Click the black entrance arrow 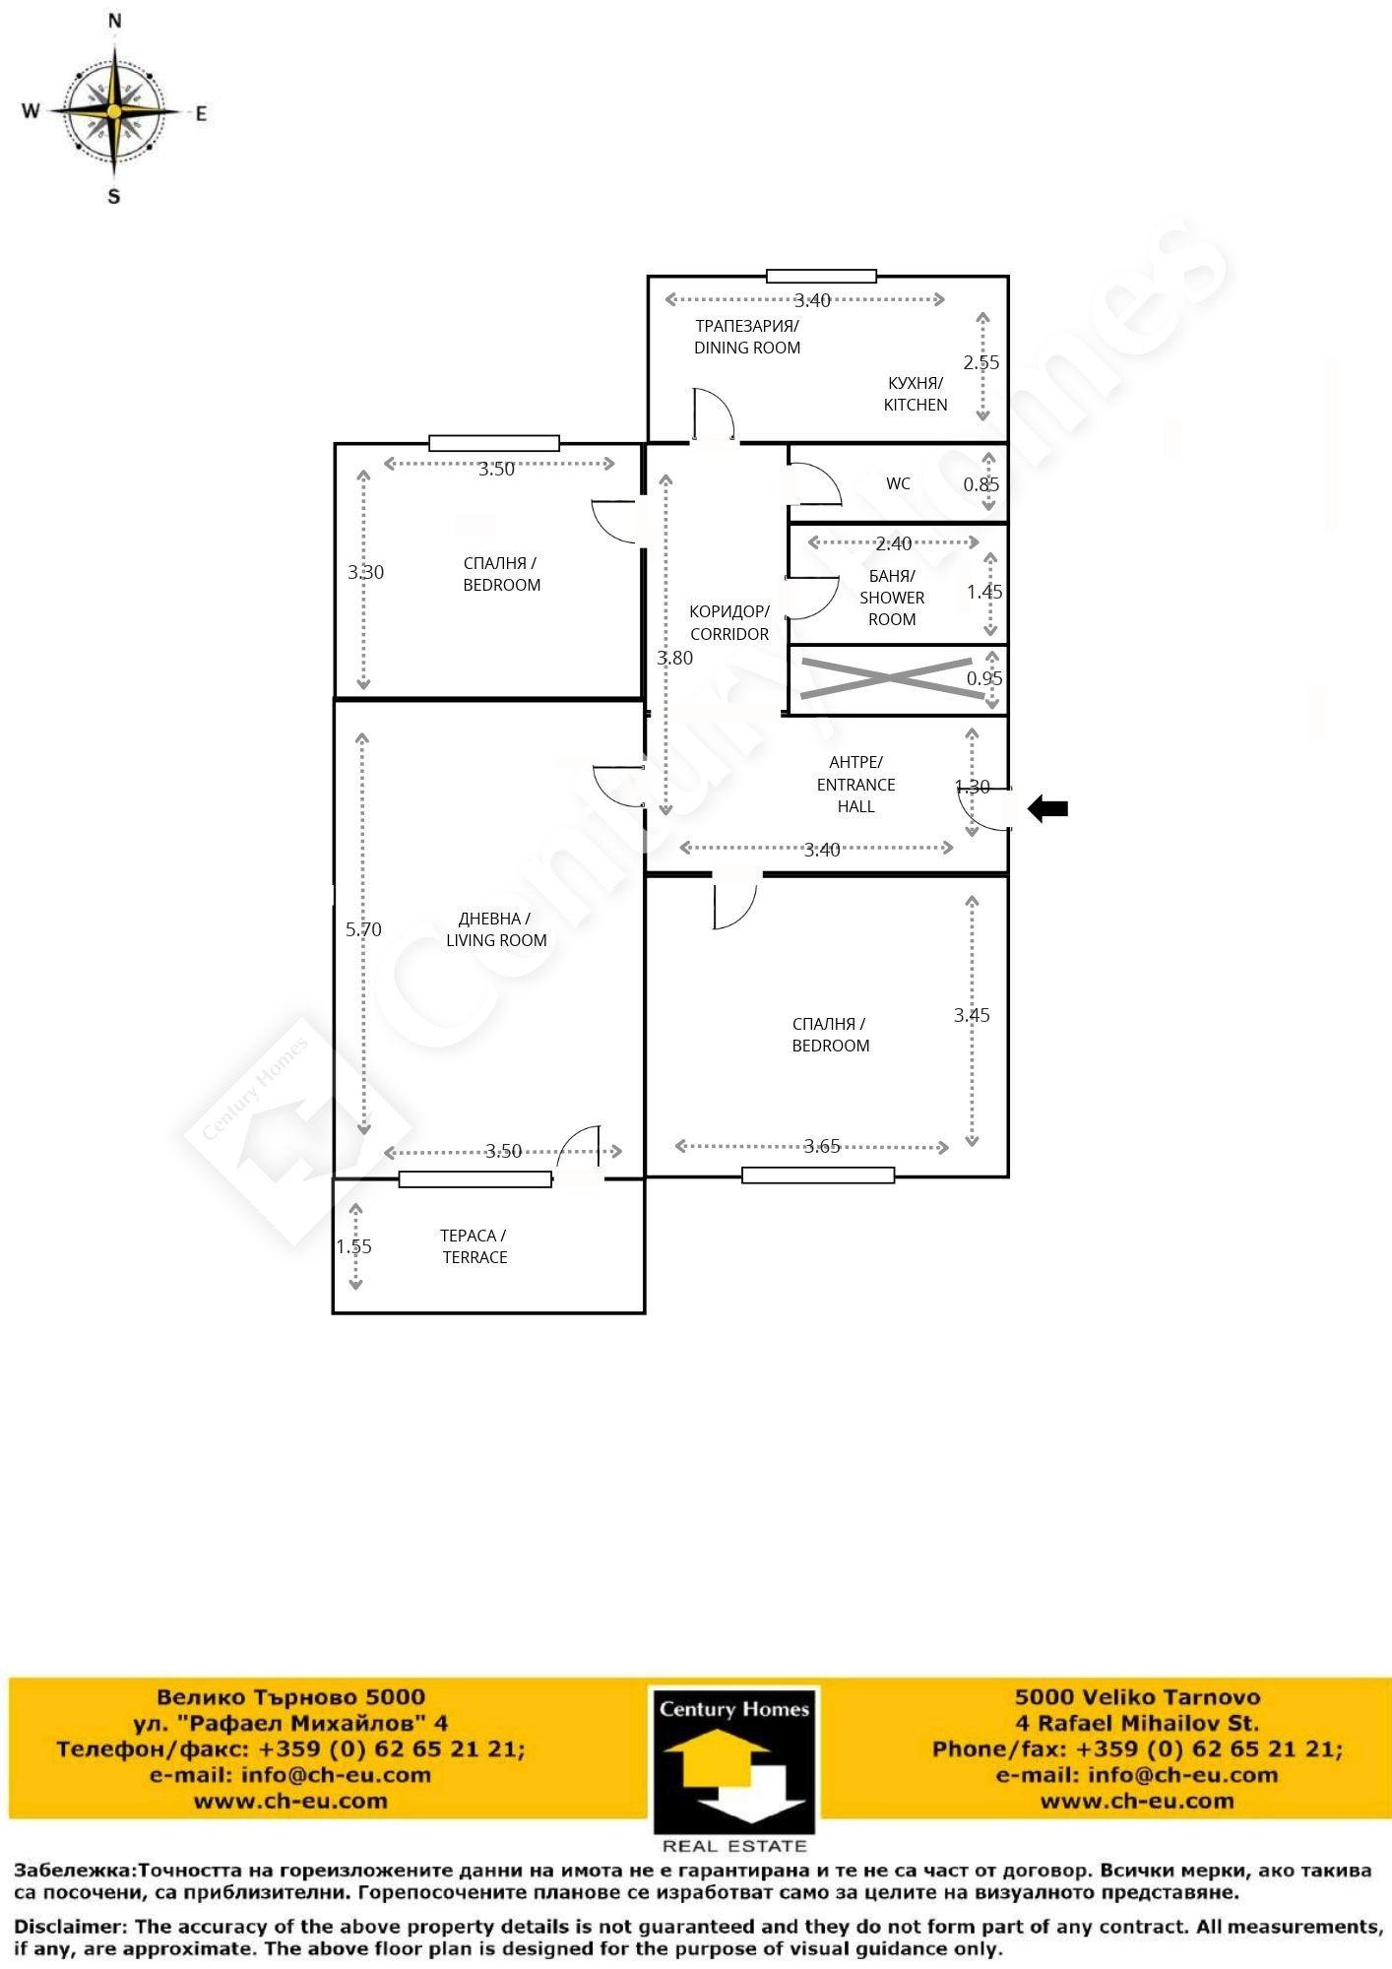coord(1047,809)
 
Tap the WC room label coord(898,483)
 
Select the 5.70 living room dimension coord(363,928)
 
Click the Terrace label coord(475,1246)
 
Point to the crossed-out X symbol coord(892,678)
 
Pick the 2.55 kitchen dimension coord(981,362)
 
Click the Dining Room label coord(747,337)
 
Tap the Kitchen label coord(916,394)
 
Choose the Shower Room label coord(892,598)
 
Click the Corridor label coord(729,623)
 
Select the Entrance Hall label coord(856,784)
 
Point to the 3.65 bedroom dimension coord(822,1146)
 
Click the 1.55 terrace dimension coord(354,1246)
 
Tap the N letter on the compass coord(115,21)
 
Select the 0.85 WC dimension coord(981,484)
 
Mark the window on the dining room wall coord(822,276)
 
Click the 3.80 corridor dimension coord(675,658)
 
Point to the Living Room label coord(496,929)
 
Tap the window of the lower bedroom coord(818,1175)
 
